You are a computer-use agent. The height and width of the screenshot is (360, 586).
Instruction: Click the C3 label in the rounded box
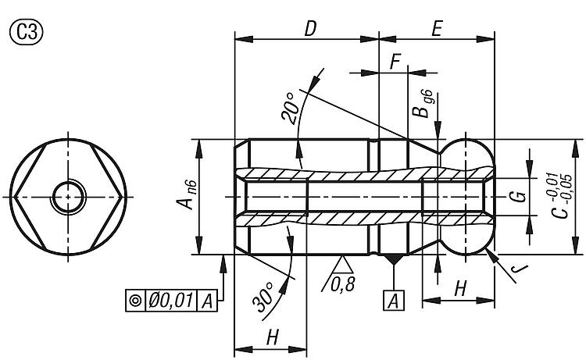point(25,32)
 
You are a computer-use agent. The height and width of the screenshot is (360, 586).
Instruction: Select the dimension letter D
point(310,28)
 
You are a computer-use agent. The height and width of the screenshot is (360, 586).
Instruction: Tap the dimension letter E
point(437,28)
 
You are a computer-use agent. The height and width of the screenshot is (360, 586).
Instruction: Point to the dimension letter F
point(395,62)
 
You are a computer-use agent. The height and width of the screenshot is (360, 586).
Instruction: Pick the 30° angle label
point(265,296)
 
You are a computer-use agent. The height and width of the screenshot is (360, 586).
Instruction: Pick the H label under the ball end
point(459,288)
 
